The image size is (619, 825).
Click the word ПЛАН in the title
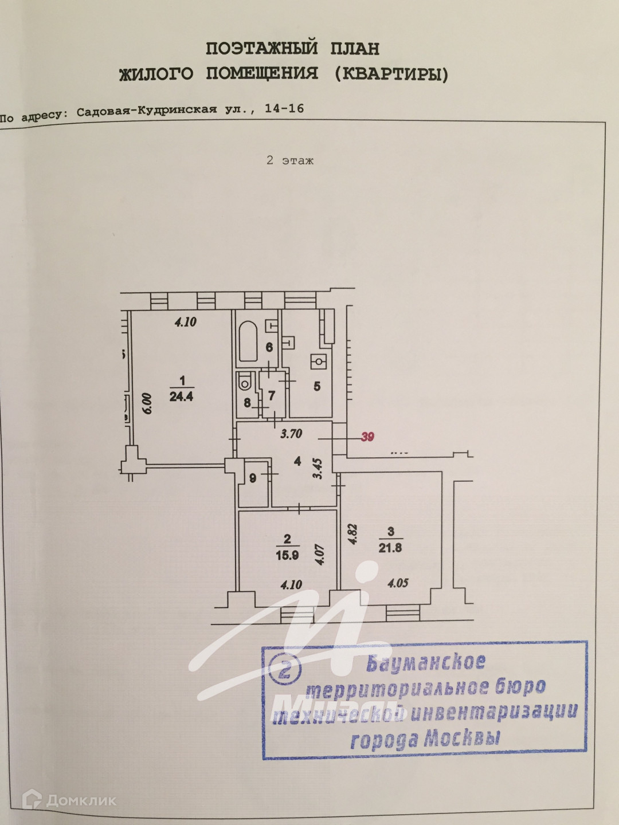pyautogui.click(x=355, y=49)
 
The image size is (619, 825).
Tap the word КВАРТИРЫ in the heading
pyautogui.click(x=391, y=74)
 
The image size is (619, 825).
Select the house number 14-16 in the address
pyautogui.click(x=284, y=108)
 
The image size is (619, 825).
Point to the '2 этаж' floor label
pyautogui.click(x=290, y=161)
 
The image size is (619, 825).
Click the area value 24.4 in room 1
pyautogui.click(x=181, y=396)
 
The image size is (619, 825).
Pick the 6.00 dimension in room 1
pyautogui.click(x=147, y=403)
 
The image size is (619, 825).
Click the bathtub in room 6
pyautogui.click(x=248, y=341)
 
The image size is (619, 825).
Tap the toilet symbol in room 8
pyautogui.click(x=245, y=382)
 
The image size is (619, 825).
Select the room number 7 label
pyautogui.click(x=272, y=395)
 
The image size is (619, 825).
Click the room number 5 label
pyautogui.click(x=317, y=387)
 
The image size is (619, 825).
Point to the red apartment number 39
pyautogui.click(x=367, y=437)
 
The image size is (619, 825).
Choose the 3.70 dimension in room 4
pyautogui.click(x=291, y=434)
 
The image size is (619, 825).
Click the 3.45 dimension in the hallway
pyautogui.click(x=318, y=468)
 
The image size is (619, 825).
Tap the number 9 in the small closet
pyautogui.click(x=253, y=478)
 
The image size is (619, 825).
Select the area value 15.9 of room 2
pyautogui.click(x=287, y=555)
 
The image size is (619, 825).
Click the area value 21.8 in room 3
pyautogui.click(x=390, y=548)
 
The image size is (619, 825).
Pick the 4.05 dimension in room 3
pyautogui.click(x=398, y=583)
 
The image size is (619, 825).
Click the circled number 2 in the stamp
pyautogui.click(x=285, y=669)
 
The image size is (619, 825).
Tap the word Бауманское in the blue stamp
pyautogui.click(x=426, y=663)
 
